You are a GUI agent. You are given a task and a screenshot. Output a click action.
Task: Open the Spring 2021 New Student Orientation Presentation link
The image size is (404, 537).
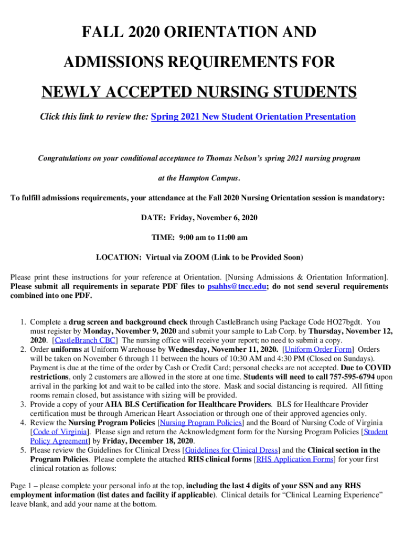(x=253, y=116)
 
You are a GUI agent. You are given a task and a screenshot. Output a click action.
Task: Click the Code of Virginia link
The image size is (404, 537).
(x=59, y=432)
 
